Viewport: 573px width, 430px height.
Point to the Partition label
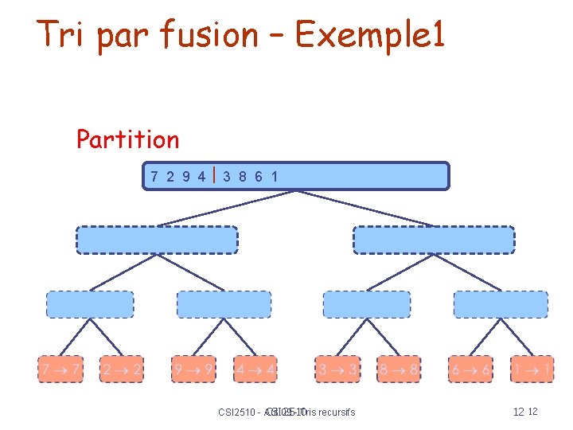(127, 140)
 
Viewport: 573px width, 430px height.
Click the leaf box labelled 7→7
(60, 369)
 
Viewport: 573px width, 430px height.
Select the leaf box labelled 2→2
(122, 369)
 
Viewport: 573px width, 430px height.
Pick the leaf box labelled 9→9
(193, 369)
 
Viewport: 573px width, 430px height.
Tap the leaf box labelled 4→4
(255, 369)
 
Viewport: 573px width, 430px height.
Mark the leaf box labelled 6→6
(470, 369)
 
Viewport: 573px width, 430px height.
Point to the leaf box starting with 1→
(532, 369)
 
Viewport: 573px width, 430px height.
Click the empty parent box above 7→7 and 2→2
(90, 304)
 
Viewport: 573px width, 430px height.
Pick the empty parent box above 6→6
(501, 304)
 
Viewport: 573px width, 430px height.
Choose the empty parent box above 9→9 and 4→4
(224, 304)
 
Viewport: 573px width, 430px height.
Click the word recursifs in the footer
(337, 412)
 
